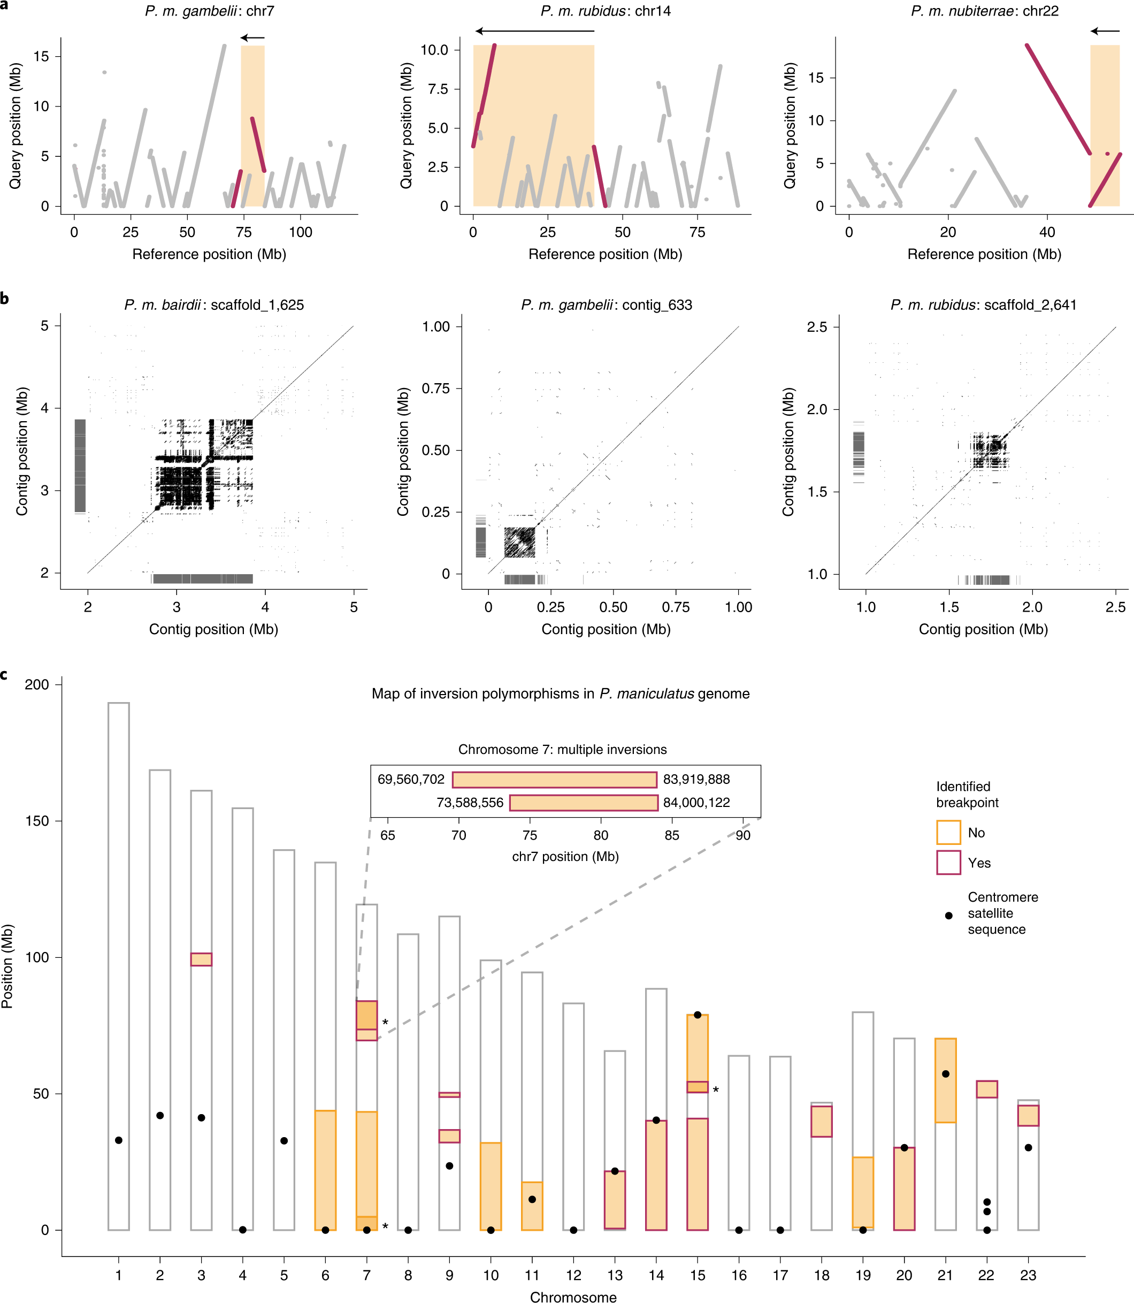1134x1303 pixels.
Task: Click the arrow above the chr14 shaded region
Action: (535, 31)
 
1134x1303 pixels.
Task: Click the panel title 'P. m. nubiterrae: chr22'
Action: (984, 11)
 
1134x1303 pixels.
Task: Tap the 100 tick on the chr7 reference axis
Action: (300, 232)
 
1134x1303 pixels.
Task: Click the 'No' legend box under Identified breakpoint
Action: (948, 832)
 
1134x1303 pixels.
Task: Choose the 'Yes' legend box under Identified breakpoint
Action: (948, 863)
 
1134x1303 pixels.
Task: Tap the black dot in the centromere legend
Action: (948, 916)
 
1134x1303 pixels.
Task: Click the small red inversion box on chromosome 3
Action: (201, 959)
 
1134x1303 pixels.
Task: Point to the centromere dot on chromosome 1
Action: (118, 1140)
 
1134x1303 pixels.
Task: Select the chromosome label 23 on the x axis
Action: (1028, 1275)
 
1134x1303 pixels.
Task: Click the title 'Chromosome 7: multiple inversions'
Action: (562, 749)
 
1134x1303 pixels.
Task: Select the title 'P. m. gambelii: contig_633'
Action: (606, 304)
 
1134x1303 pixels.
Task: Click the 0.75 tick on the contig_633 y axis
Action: (436, 388)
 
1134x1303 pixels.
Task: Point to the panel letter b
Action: (4, 298)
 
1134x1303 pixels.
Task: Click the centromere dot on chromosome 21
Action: (945, 1074)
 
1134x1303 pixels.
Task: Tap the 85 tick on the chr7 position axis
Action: (671, 835)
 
